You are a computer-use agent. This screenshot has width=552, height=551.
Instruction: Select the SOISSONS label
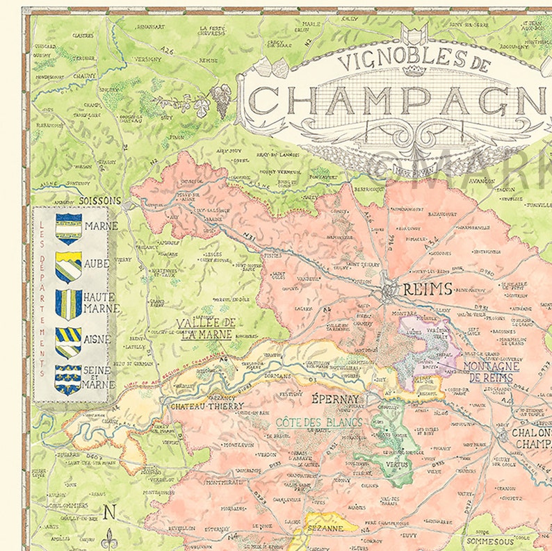[x=101, y=201]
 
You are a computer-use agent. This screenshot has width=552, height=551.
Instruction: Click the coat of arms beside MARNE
[x=68, y=228]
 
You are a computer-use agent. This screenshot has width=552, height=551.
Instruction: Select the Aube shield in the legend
[x=68, y=267]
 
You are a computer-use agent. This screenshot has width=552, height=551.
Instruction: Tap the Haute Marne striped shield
[x=68, y=304]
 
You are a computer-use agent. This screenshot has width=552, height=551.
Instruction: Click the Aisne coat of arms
[x=68, y=342]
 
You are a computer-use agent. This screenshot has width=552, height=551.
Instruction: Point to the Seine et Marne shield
[x=68, y=380]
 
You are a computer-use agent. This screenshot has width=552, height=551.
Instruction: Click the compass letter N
[x=109, y=513]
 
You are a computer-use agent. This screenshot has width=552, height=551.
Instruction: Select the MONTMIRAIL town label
[x=226, y=482]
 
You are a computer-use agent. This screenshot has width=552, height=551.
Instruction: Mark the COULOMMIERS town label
[x=67, y=505]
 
